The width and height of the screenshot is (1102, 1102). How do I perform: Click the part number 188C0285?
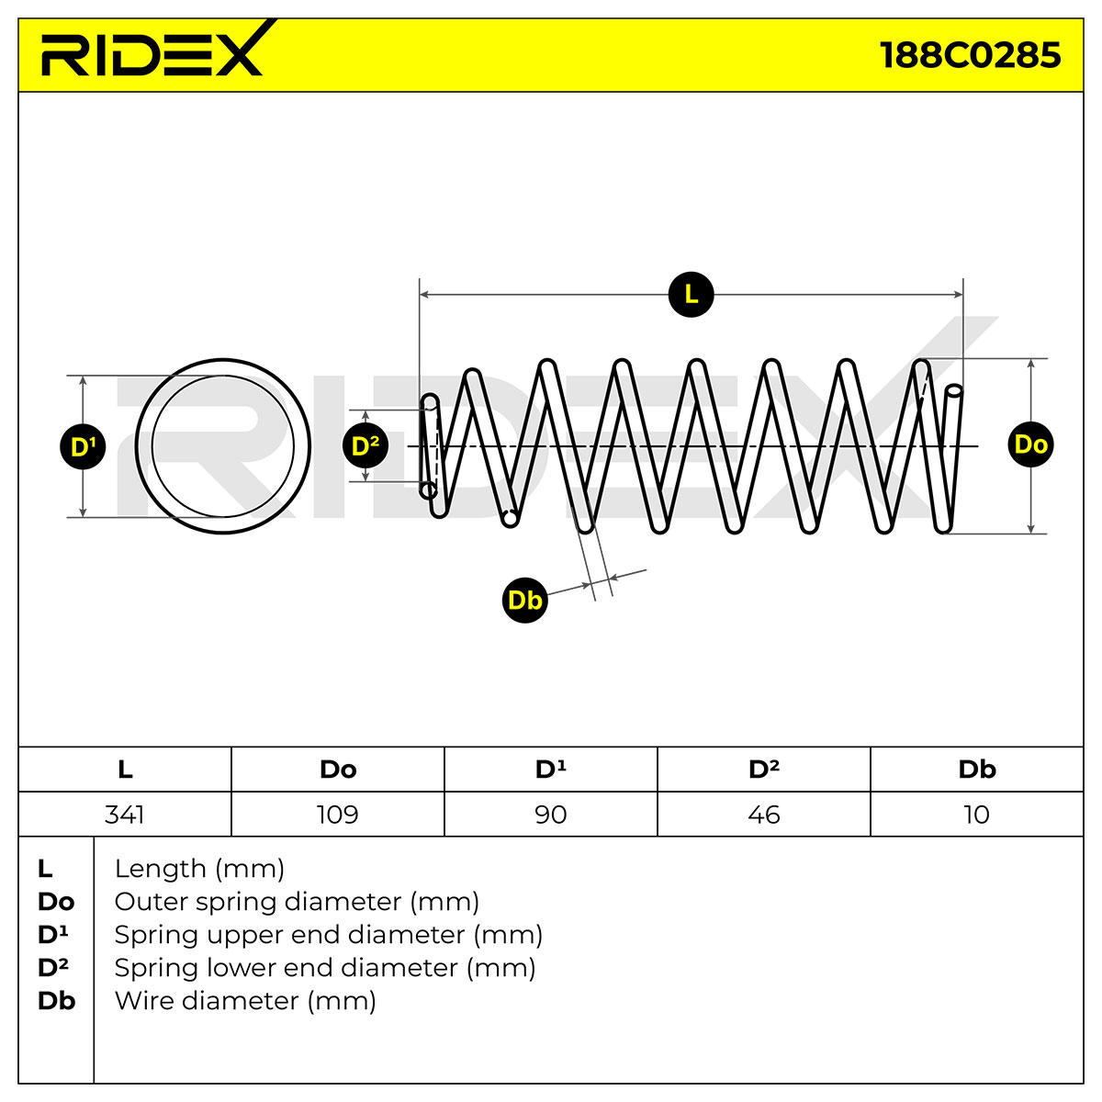[x=970, y=55]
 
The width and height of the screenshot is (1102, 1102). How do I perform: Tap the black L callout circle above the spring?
[x=691, y=295]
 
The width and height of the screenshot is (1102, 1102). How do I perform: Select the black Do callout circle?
[x=1030, y=444]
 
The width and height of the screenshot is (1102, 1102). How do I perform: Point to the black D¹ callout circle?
[x=83, y=446]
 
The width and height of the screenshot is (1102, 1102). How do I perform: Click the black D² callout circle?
[x=365, y=445]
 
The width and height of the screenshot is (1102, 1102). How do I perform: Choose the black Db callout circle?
[x=525, y=601]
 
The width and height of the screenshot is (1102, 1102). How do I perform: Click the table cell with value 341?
[x=125, y=815]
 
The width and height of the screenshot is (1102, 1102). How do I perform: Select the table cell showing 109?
[x=338, y=815]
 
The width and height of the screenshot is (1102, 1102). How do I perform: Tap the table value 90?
[x=551, y=815]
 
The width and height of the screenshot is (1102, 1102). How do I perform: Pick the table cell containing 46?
[x=764, y=815]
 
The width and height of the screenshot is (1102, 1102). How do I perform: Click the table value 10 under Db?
[x=976, y=815]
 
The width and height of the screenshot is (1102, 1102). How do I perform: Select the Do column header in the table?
[x=338, y=770]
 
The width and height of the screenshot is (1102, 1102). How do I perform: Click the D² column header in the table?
[x=764, y=770]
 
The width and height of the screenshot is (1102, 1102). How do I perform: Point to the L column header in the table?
[x=125, y=770]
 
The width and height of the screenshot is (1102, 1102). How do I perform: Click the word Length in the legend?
[x=160, y=870]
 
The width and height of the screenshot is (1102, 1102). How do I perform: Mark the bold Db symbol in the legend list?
[x=57, y=1001]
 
